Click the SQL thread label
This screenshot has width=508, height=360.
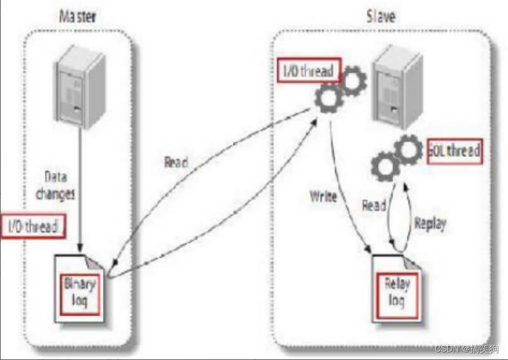point(453,151)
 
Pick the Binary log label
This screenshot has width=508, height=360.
point(80,292)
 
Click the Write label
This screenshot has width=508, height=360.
point(323,197)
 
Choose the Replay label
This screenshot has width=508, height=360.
point(430,223)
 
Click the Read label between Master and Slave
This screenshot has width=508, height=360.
point(176,163)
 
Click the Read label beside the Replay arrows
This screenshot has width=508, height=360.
point(374,205)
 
